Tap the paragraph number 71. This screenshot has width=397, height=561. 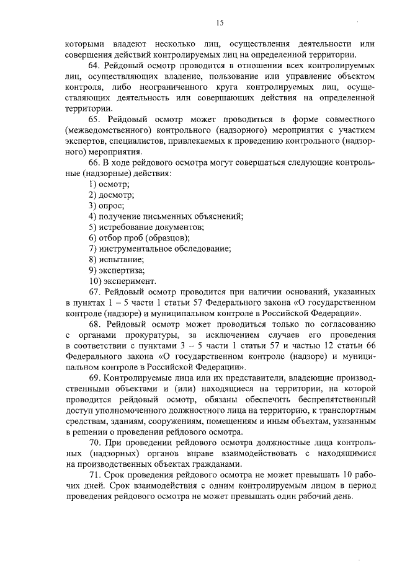pos(95,474)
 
